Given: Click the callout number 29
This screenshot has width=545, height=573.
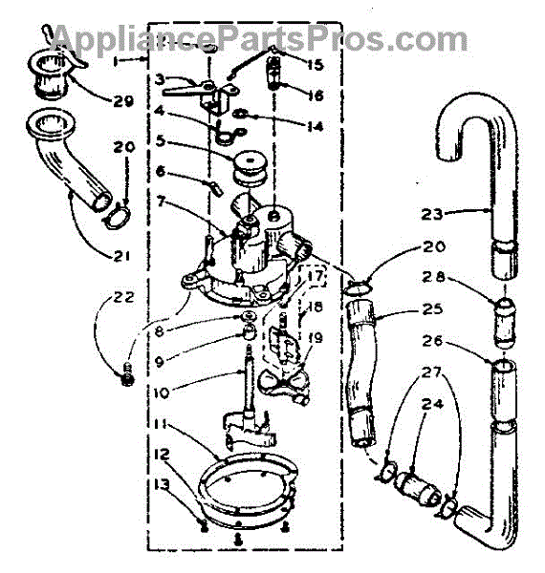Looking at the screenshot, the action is (122, 101).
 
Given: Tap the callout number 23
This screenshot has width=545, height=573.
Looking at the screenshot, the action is (431, 214).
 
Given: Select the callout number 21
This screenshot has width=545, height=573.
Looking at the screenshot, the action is (121, 256).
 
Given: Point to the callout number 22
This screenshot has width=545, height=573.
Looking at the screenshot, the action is (123, 297).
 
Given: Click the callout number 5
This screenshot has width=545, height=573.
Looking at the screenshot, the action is (161, 140).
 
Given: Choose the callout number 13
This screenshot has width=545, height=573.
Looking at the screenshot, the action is (162, 484).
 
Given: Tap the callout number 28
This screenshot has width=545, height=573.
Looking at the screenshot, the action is (433, 277).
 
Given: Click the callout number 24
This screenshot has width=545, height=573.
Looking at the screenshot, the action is (432, 404).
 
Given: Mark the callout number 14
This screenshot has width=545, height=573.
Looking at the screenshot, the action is (315, 127).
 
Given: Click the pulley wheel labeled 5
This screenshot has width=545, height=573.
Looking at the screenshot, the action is (251, 169).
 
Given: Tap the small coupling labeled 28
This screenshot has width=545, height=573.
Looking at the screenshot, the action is (505, 323).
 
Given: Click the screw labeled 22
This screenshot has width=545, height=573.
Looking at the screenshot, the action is (127, 374).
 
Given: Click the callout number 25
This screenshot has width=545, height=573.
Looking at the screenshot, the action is (432, 309).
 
